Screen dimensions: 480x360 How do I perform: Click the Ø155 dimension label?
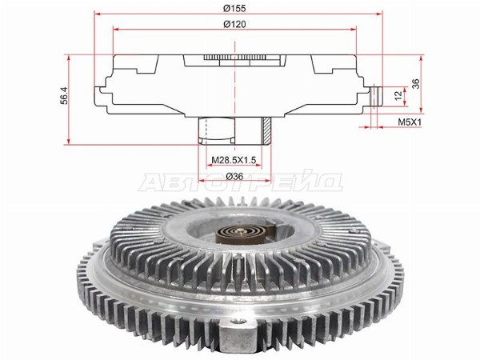234,8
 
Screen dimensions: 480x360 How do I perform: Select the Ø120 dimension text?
234,24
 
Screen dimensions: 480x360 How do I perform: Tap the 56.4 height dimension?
64,95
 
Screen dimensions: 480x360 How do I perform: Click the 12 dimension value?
398,95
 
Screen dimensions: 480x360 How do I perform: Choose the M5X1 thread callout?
410,122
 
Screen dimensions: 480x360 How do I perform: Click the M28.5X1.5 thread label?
234,160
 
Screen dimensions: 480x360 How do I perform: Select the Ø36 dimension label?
234,176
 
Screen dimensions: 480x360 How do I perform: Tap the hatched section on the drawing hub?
266,131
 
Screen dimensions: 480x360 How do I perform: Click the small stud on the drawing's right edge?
376,97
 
